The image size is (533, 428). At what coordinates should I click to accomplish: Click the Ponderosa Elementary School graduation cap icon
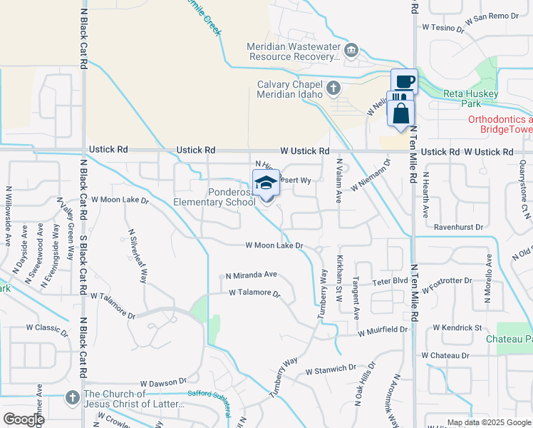click(x=266, y=183)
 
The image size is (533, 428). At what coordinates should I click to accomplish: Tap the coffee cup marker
click(x=404, y=81)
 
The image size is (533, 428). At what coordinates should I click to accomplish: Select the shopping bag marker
click(x=402, y=113)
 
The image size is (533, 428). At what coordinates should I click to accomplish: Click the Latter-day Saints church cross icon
click(x=72, y=397)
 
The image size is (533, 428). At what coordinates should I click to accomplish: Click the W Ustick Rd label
click(x=305, y=151)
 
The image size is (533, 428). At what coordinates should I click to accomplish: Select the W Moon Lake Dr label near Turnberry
click(x=274, y=245)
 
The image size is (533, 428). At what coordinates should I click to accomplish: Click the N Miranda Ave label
click(x=251, y=275)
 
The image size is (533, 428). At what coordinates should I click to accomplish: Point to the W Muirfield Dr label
click(x=383, y=331)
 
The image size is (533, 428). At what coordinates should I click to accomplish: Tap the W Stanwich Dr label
click(x=331, y=370)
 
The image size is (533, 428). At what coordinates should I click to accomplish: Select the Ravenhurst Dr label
click(x=449, y=229)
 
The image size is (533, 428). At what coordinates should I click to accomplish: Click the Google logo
click(x=24, y=419)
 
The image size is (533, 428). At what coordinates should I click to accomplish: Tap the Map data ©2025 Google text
click(x=488, y=422)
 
